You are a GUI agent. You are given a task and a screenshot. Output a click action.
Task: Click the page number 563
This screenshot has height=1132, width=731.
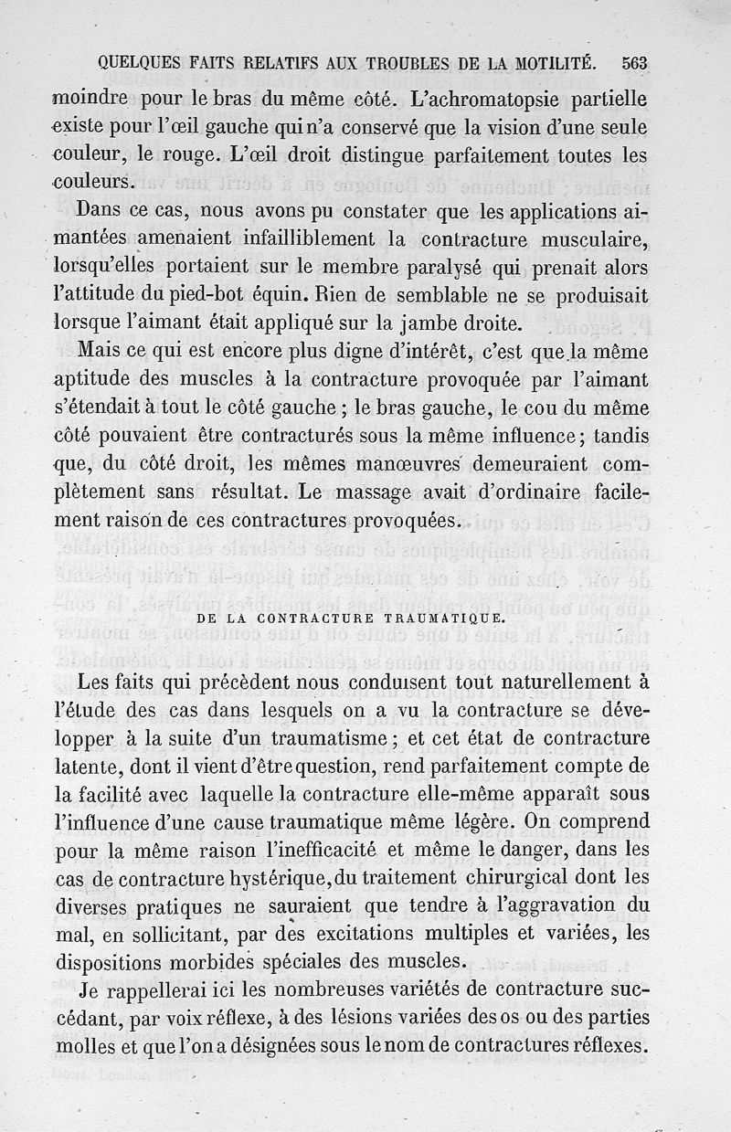click(633, 63)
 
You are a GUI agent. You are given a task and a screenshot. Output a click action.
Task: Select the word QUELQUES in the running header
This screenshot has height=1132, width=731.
click(133, 63)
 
